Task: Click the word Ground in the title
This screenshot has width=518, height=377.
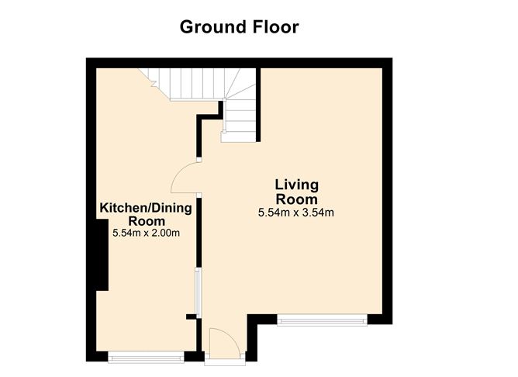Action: [213, 27]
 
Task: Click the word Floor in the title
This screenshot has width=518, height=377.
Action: [276, 27]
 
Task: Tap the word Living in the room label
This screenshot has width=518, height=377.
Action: [297, 185]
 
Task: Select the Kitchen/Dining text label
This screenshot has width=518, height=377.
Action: [146, 209]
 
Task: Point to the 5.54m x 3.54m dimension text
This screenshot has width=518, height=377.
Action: [296, 213]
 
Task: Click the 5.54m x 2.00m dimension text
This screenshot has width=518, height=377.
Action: [146, 233]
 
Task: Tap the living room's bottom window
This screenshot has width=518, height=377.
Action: [322, 320]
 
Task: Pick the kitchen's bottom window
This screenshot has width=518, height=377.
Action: [146, 357]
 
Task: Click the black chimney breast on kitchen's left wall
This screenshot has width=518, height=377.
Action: [102, 255]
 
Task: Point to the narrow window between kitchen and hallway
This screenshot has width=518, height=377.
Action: [199, 292]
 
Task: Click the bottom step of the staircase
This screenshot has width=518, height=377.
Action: [239, 137]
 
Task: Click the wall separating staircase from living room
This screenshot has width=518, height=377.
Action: [258, 105]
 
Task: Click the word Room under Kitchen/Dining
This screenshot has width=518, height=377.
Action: [147, 221]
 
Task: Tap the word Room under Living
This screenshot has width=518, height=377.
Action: [297, 199]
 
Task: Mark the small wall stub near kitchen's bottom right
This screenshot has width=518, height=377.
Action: [191, 316]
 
